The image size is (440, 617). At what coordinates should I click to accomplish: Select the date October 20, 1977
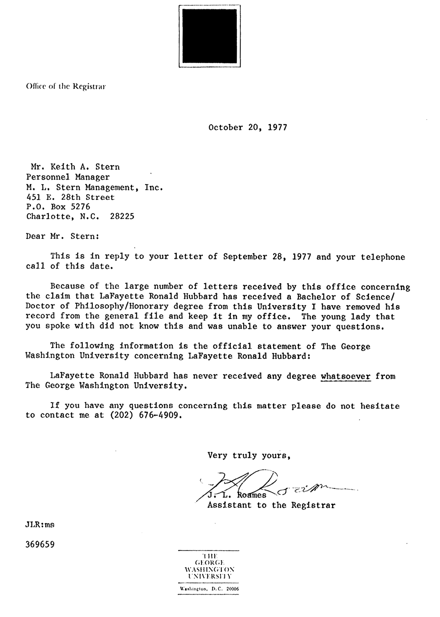[x=248, y=128]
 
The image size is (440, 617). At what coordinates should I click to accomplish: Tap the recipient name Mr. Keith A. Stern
[x=75, y=167]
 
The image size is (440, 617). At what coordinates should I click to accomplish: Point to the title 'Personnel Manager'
[x=68, y=177]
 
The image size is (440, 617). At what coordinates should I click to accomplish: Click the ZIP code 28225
[x=122, y=216]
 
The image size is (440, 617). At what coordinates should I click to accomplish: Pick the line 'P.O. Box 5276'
[x=58, y=207]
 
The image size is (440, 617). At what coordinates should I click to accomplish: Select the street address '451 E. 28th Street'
[x=70, y=197]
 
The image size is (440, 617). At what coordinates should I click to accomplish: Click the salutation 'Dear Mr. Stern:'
[x=62, y=236]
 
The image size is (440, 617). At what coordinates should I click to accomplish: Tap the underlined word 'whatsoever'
[x=346, y=376]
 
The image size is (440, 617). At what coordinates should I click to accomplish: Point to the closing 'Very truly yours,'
[x=249, y=455]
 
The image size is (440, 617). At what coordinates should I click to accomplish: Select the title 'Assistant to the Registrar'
[x=271, y=505]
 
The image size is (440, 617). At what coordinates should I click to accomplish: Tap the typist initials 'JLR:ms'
[x=40, y=525]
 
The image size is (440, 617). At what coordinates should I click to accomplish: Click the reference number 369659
[x=40, y=544]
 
